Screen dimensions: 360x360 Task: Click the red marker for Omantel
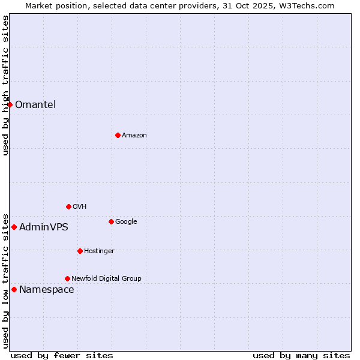[10, 104]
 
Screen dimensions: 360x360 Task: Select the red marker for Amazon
[118, 135]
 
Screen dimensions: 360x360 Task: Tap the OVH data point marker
[68, 206]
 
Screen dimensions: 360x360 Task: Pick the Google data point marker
[111, 221]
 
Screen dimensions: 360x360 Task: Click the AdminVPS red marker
[14, 227]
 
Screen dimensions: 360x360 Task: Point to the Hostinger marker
[80, 251]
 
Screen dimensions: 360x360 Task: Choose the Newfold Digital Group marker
[67, 278]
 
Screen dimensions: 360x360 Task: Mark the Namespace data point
[14, 289]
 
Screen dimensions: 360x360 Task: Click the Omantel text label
[35, 104]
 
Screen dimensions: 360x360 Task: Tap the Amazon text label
[134, 135]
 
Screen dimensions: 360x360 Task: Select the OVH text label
[80, 206]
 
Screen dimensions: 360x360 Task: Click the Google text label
[126, 221]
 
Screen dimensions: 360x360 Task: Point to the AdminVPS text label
[44, 227]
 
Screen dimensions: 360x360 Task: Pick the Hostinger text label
[99, 251]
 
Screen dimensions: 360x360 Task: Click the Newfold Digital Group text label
[106, 278]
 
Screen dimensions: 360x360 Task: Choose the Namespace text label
[47, 289]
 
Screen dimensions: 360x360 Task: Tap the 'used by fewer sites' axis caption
[62, 355]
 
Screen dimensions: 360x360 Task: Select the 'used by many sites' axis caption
[301, 355]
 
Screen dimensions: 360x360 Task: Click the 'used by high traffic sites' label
[5, 85]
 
